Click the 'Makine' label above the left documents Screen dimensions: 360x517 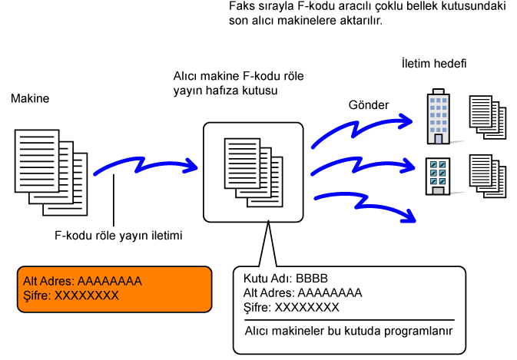(x=29, y=100)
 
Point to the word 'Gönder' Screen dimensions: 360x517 (x=369, y=104)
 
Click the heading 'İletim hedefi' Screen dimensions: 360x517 (x=434, y=62)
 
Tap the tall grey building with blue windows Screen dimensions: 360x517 (x=438, y=118)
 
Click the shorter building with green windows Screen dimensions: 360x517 (x=438, y=176)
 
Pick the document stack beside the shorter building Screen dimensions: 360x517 (x=489, y=176)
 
